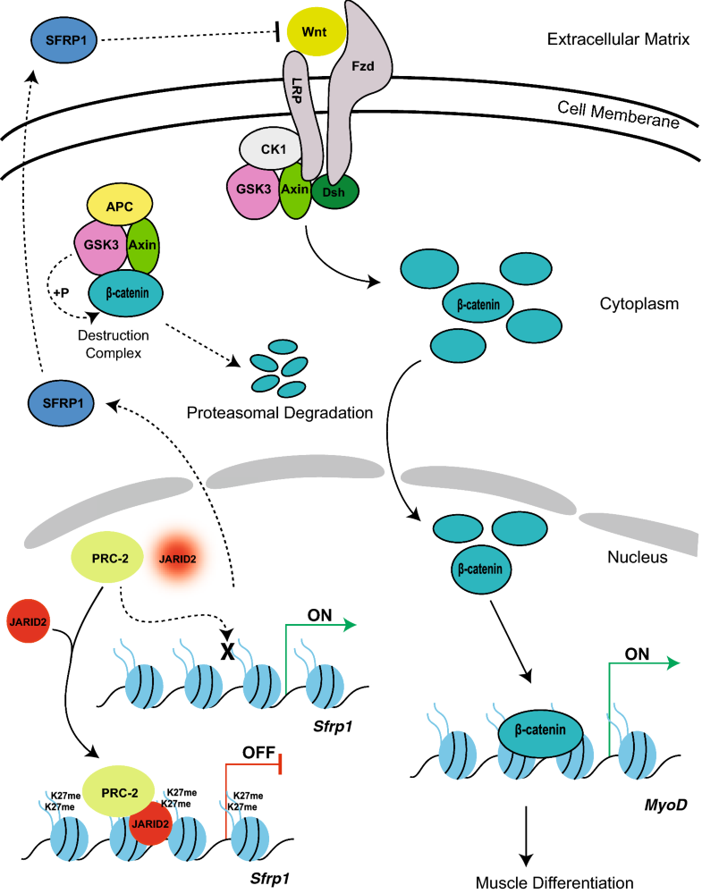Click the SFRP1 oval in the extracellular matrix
click(63, 38)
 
